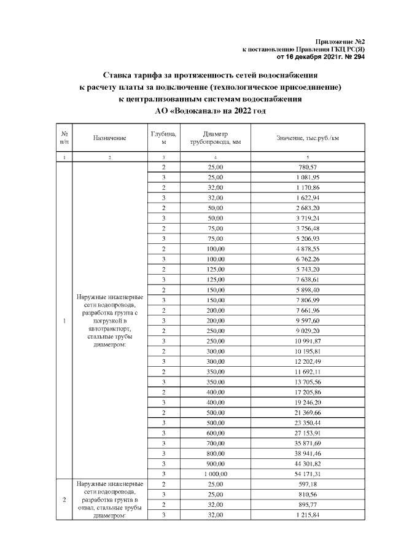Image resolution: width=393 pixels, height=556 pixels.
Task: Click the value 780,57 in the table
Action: (307, 167)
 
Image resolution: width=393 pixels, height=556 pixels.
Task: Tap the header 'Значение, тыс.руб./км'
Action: (308, 138)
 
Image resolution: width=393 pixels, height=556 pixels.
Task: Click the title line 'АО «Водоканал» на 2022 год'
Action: (205, 110)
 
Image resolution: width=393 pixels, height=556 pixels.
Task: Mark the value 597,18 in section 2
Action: (307, 485)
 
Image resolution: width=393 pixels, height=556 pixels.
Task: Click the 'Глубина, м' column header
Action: (163, 138)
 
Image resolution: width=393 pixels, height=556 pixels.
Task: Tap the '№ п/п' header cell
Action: (64, 138)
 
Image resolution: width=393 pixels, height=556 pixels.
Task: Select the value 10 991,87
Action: (307, 341)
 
